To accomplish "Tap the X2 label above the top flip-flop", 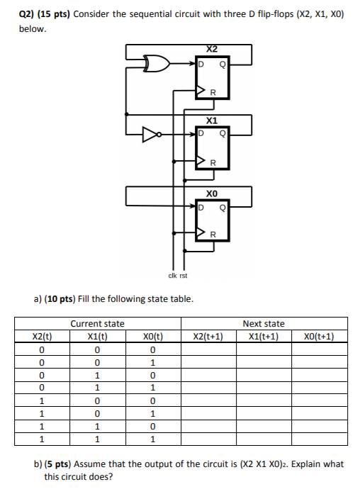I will pyautogui.click(x=212, y=49).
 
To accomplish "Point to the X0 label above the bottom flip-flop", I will pyautogui.click(x=212, y=193).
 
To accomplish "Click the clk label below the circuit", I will pyautogui.click(x=171, y=276).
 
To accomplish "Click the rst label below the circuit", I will pyautogui.click(x=184, y=276).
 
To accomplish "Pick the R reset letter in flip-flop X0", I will pyautogui.click(x=212, y=234).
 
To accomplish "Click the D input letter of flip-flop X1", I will pyautogui.click(x=201, y=133).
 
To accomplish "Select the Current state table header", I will pyautogui.click(x=98, y=324).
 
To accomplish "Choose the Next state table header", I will pyautogui.click(x=264, y=324).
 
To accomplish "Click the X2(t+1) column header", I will pyautogui.click(x=209, y=336).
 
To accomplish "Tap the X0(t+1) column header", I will pyautogui.click(x=318, y=336).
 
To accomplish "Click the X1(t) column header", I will pyautogui.click(x=98, y=336).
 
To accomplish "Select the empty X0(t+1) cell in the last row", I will pyautogui.click(x=318, y=439).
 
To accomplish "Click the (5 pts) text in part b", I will pyautogui.click(x=61, y=464).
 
